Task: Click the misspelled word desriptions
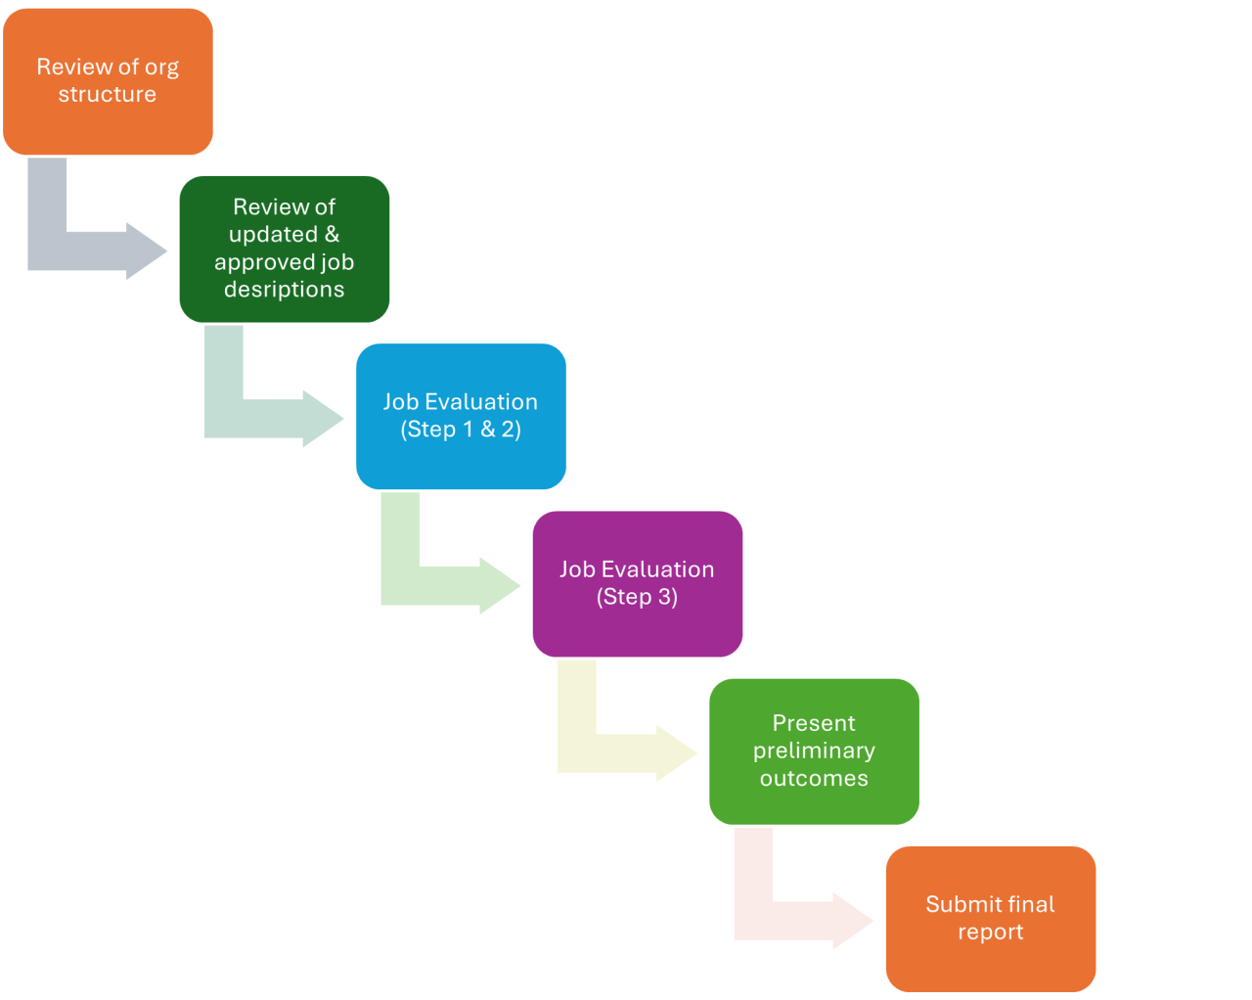284,290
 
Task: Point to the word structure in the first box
108,95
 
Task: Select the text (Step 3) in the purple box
637,597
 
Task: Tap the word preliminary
814,750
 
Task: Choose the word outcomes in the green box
814,779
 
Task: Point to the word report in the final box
990,932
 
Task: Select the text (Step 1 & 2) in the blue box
461,430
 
